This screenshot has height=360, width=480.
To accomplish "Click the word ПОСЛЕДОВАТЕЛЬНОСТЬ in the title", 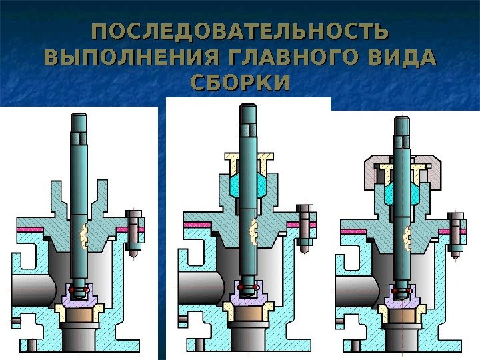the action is click(239, 32).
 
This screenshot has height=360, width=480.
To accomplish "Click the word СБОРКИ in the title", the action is click(240, 83).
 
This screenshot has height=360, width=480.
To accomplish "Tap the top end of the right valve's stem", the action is click(402, 122).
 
